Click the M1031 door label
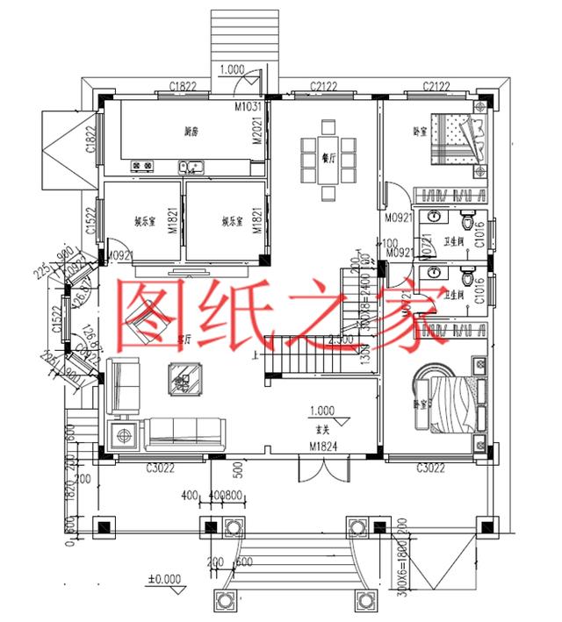click(249, 106)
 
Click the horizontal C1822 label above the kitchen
click(183, 86)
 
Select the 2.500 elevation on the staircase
click(341, 338)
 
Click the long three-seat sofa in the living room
click(191, 431)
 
